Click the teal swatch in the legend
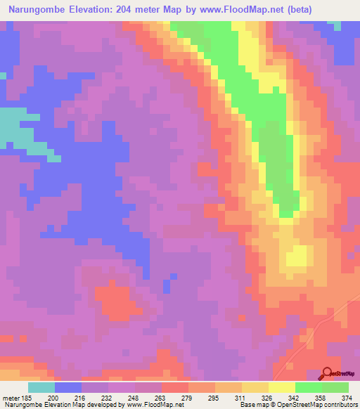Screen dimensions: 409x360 coord(41,387)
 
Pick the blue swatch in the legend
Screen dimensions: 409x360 coord(68,387)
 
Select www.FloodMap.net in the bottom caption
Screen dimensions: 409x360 coord(150,405)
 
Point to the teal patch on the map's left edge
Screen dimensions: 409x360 coord(18,128)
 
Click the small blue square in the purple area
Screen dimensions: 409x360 coord(166,286)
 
